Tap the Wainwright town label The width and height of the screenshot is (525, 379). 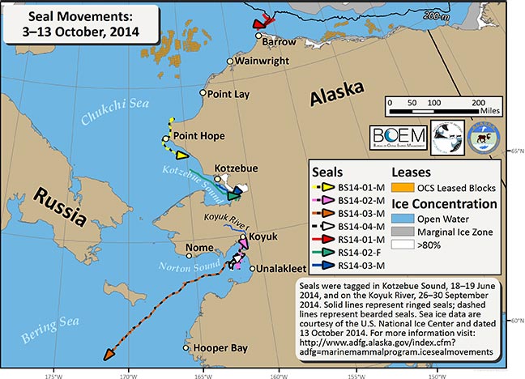click(260, 60)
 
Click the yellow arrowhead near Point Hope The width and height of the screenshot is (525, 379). click(181, 155)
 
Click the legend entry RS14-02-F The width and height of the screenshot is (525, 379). click(361, 252)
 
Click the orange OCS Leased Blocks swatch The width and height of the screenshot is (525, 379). click(406, 187)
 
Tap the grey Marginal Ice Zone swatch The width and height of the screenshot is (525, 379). click(406, 233)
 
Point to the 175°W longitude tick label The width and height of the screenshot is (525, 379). click(55, 373)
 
